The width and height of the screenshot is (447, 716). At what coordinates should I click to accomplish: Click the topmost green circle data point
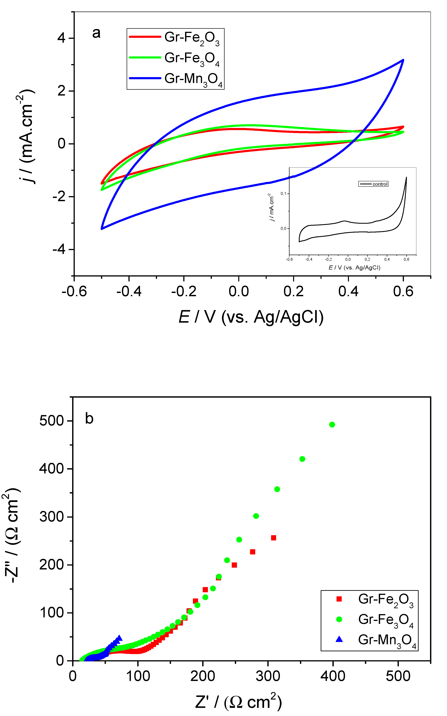click(x=332, y=425)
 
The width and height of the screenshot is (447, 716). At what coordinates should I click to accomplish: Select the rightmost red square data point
click(x=274, y=538)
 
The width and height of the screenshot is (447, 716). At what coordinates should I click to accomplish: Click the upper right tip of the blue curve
click(x=403, y=60)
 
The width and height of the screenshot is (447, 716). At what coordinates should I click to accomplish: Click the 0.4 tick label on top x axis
click(x=348, y=292)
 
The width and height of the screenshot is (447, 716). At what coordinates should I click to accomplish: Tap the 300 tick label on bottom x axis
click(x=268, y=676)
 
